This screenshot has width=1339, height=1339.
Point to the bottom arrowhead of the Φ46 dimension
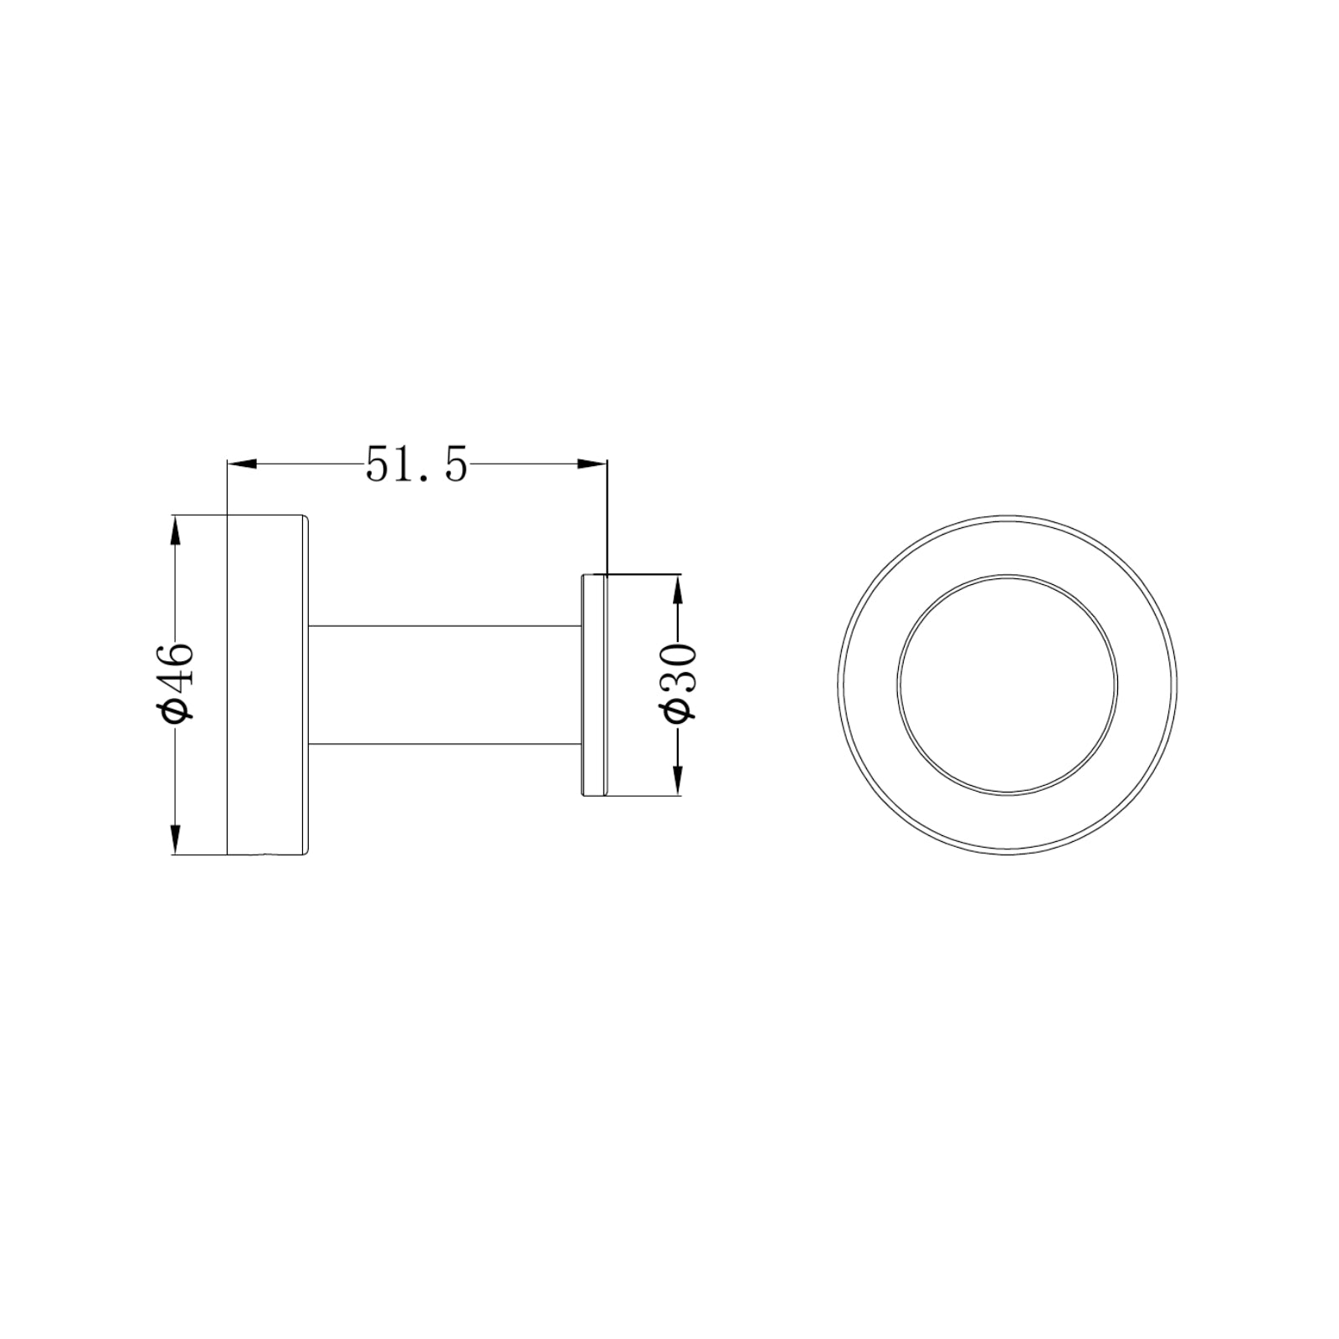pyautogui.click(x=175, y=838)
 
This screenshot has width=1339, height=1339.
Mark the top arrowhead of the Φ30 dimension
pyautogui.click(x=677, y=588)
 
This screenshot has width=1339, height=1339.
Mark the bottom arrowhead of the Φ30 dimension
pyautogui.click(x=677, y=780)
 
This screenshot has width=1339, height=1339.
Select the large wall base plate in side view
pyautogui.click(x=268, y=685)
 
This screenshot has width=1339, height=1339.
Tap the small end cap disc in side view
pyautogui.click(x=593, y=685)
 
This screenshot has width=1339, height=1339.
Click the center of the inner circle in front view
pyautogui.click(x=1008, y=685)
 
